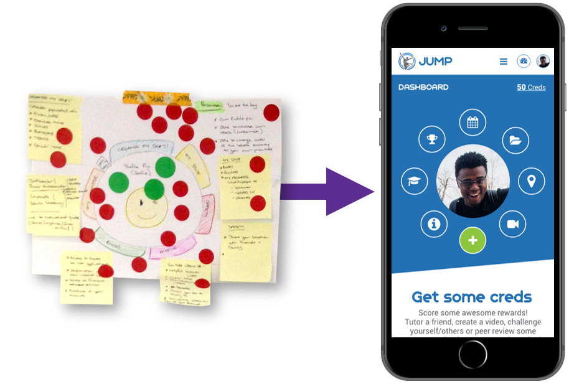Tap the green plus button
(x=473, y=240)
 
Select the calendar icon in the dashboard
(x=473, y=122)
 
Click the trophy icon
(x=432, y=139)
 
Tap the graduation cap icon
(x=414, y=181)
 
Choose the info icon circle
(x=434, y=223)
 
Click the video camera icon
(x=513, y=224)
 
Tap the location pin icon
(x=531, y=181)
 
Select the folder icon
(x=514, y=139)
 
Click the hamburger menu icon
(x=504, y=62)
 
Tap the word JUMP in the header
(x=435, y=61)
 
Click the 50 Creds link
(x=531, y=87)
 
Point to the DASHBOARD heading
(x=423, y=87)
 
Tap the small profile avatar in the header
(x=543, y=61)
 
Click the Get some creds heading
(x=472, y=297)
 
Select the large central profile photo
(x=473, y=180)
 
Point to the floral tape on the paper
(x=156, y=98)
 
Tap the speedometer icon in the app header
(x=524, y=61)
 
